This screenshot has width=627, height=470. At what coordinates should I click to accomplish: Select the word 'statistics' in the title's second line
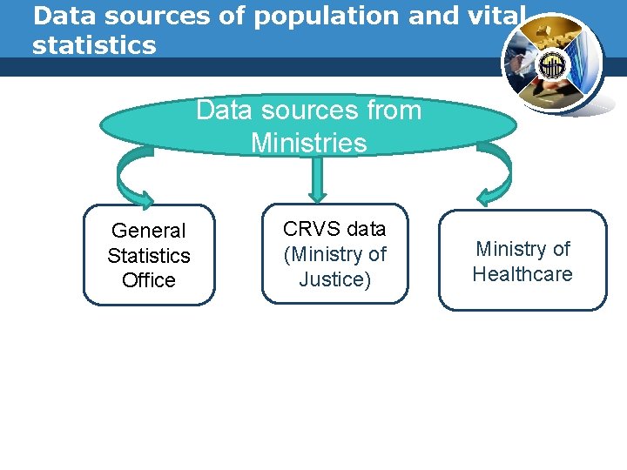94,45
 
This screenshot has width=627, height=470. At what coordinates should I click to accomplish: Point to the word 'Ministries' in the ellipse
308,142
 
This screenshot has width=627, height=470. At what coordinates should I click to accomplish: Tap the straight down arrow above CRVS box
318,179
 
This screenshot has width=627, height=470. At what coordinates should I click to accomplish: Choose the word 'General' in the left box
149,231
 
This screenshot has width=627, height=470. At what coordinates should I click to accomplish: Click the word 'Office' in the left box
149,280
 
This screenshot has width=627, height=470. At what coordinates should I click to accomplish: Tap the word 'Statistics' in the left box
149,256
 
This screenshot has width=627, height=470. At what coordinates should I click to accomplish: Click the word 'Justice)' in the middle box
334,279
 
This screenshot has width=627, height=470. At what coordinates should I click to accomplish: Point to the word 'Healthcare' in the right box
522,274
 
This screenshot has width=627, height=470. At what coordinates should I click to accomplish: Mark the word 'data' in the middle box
366,229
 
